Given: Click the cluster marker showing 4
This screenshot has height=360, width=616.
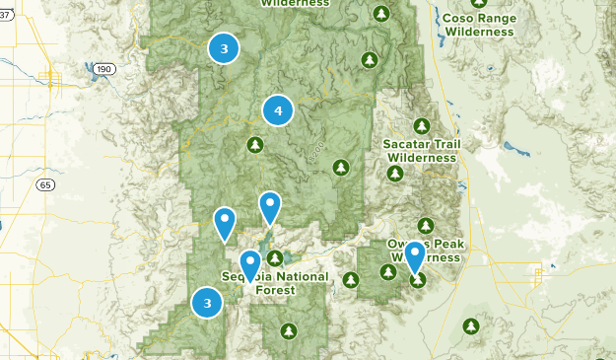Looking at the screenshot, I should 278,111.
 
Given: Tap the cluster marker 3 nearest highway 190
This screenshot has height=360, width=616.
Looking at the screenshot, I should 224,47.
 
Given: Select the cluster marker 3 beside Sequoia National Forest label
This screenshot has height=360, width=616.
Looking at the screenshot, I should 207,303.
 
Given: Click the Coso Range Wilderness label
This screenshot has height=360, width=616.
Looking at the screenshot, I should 479,25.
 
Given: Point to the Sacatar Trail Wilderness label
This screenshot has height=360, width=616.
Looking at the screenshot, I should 422,150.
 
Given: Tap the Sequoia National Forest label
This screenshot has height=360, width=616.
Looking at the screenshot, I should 276,283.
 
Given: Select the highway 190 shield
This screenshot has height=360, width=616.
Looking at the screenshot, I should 105,69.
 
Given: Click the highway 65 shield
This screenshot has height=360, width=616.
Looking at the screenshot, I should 46,184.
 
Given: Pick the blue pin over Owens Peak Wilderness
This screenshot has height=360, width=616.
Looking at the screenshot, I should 415,255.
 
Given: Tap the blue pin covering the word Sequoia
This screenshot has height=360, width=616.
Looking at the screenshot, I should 250,264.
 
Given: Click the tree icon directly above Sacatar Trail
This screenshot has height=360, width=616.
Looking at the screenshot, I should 422,125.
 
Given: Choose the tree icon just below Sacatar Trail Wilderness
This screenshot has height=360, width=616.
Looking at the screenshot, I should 395,174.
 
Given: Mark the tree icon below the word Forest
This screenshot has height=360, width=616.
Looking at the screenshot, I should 288,330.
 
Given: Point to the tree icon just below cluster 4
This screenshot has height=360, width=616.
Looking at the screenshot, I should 255,146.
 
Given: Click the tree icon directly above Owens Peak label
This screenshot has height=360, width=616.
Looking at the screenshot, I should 426,225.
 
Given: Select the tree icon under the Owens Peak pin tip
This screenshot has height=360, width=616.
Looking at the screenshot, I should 418,280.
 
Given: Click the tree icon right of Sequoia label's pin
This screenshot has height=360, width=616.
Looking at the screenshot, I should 275,258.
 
